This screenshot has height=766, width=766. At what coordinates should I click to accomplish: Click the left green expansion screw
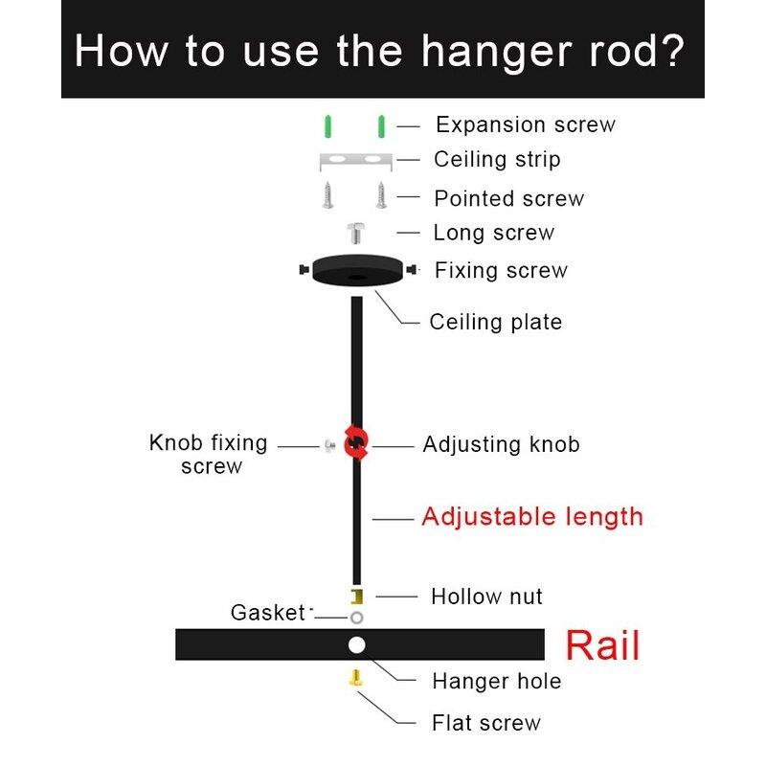(328, 125)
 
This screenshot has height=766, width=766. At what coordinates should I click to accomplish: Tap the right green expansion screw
(381, 125)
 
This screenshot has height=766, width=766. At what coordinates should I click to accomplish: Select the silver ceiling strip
(355, 158)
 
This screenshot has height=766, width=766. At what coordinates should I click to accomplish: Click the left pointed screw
(328, 196)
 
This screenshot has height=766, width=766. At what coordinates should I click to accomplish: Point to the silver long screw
(355, 233)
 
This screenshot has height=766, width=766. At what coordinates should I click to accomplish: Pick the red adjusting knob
(356, 443)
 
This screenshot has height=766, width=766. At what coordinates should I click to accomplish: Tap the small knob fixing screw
(330, 445)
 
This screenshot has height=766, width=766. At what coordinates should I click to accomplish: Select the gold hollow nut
(356, 597)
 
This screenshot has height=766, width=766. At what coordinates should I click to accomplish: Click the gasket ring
(356, 617)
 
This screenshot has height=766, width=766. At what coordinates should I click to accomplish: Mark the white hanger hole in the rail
(356, 644)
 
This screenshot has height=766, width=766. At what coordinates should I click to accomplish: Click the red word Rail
(602, 645)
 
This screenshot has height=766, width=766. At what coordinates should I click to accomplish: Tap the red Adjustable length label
(532, 517)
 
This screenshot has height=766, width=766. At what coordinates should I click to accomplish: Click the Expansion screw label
(525, 124)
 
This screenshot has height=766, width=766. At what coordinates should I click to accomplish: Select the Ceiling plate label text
(495, 322)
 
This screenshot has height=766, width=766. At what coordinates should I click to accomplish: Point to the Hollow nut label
(486, 597)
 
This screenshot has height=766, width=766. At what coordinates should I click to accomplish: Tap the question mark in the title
(671, 50)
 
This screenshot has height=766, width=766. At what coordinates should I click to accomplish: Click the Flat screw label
(485, 723)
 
